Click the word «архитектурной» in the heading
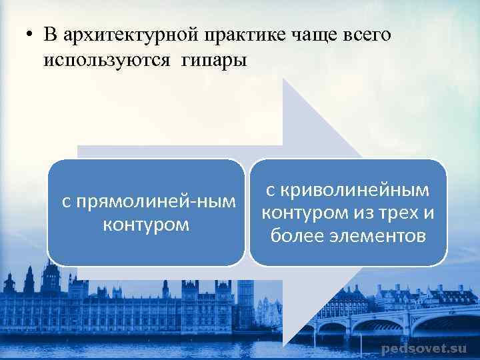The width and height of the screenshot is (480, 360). tap(122, 35)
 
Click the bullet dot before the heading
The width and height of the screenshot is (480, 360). tap(23, 35)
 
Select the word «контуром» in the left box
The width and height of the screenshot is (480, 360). tap(146, 224)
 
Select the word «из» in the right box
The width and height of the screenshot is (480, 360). tap(357, 213)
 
